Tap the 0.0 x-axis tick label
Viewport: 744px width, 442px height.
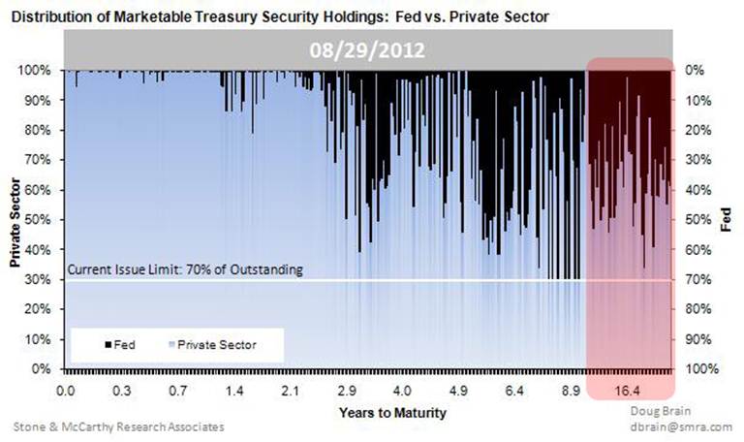tap(66, 392)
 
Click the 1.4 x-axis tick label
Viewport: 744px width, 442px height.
tap(234, 392)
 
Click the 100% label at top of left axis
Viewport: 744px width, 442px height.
tap(40, 70)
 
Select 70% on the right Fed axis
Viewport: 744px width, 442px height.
tap(697, 280)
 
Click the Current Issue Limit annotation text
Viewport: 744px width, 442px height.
tap(184, 269)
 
